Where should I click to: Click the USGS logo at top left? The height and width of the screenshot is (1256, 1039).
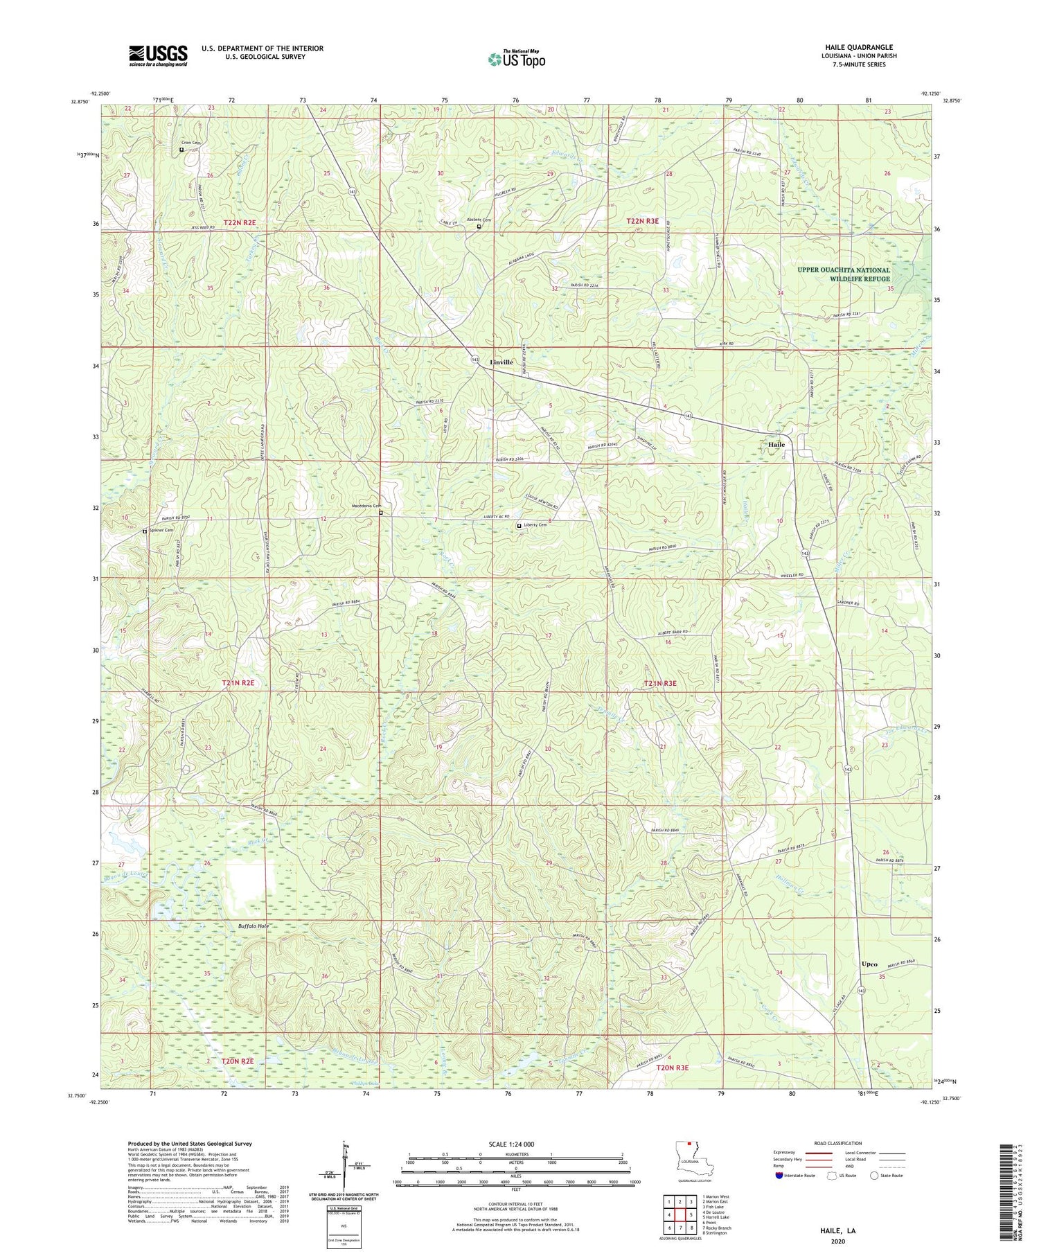coord(158,55)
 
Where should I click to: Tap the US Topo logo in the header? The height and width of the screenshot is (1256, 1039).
coord(516,60)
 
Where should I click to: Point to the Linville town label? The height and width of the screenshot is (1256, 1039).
coord(506,362)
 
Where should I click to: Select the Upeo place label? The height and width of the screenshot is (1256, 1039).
coord(869,964)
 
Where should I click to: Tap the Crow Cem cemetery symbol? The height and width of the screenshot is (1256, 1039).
coord(181,150)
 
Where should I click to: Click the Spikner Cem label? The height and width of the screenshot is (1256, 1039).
coord(160,531)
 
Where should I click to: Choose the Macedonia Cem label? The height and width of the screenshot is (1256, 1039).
coord(366,506)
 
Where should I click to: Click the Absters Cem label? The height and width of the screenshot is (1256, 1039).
coord(479,220)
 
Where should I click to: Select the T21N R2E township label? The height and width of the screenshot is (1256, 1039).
coord(238,683)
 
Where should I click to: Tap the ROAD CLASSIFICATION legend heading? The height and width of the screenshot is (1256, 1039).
coord(838,1144)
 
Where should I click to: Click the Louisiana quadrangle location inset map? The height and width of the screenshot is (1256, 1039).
coord(688,1160)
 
